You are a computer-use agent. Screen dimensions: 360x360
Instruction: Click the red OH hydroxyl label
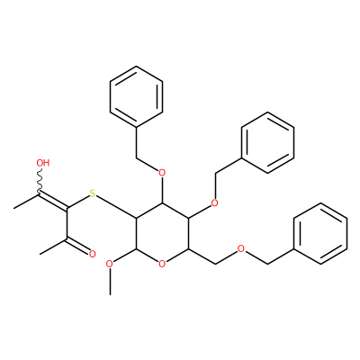(43, 163)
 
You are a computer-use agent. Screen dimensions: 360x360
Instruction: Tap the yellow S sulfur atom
(93, 193)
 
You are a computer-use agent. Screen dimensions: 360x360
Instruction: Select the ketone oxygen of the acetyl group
(93, 254)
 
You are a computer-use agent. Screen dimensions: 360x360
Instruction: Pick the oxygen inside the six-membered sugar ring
(162, 264)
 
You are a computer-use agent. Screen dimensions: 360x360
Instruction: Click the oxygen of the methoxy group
(110, 264)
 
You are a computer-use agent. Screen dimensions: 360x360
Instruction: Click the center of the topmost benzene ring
(136, 96)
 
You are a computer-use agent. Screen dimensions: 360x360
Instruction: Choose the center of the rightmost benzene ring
(321, 233)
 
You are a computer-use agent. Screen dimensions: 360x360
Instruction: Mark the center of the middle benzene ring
(267, 142)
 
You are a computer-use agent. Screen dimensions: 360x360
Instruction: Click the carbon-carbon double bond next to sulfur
(53, 201)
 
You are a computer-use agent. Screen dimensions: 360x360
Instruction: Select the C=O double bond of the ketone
(77, 246)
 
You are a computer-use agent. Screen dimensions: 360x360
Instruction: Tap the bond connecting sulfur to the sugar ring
(116, 207)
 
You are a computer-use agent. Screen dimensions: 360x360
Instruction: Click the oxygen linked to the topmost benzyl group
(162, 173)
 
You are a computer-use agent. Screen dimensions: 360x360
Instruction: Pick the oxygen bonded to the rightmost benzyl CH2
(240, 248)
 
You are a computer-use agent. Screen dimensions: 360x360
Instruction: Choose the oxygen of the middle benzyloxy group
(214, 203)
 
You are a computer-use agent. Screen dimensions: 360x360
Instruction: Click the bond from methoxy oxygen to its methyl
(111, 282)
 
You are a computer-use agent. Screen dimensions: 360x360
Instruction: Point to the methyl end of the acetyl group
(40, 254)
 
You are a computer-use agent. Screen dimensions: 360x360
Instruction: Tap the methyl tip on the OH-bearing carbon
(14, 208)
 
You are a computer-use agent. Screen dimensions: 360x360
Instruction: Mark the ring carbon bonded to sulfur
(136, 219)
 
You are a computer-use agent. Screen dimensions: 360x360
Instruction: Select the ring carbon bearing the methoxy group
(136, 248)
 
